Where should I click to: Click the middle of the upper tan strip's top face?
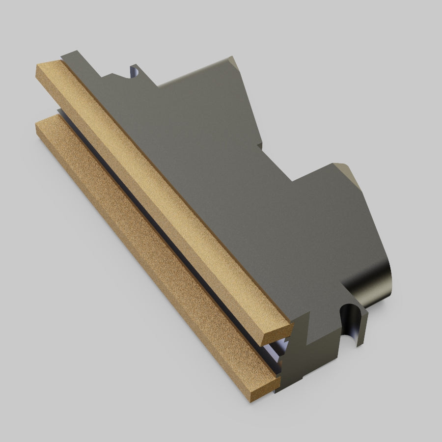pyautogui.click(x=162, y=196)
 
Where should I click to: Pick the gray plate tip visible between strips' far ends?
pyautogui.click(x=60, y=112)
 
